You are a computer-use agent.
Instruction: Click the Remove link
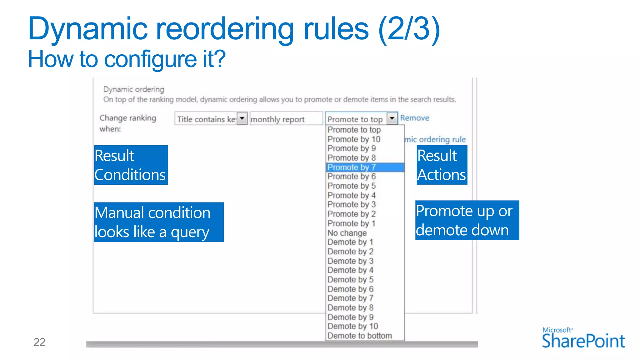[x=414, y=118]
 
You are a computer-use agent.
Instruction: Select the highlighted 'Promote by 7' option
[x=352, y=167]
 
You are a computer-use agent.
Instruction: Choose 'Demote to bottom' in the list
[x=359, y=336]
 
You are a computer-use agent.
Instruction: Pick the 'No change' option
[x=347, y=233]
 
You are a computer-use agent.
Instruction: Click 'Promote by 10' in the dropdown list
[x=354, y=139]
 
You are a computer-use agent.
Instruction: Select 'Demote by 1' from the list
[x=350, y=242]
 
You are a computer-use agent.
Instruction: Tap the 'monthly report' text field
[x=286, y=119]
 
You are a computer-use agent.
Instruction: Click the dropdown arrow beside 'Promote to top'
[x=392, y=118]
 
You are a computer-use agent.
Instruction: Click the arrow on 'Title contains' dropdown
[x=242, y=118]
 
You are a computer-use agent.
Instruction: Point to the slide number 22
[x=39, y=342]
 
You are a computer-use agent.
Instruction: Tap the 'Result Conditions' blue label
[x=131, y=165]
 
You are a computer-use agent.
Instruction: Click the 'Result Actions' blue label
[x=442, y=165]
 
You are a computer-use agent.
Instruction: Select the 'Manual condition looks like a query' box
[x=159, y=222]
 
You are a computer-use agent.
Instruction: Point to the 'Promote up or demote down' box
[x=467, y=220]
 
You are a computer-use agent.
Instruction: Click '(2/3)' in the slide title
[x=409, y=29]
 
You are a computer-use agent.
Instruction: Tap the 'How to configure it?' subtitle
[x=127, y=59]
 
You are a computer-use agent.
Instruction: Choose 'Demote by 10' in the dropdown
[x=352, y=326]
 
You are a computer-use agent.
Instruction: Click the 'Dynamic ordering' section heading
[x=134, y=89]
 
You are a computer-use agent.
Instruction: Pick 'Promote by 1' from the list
[x=351, y=223]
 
